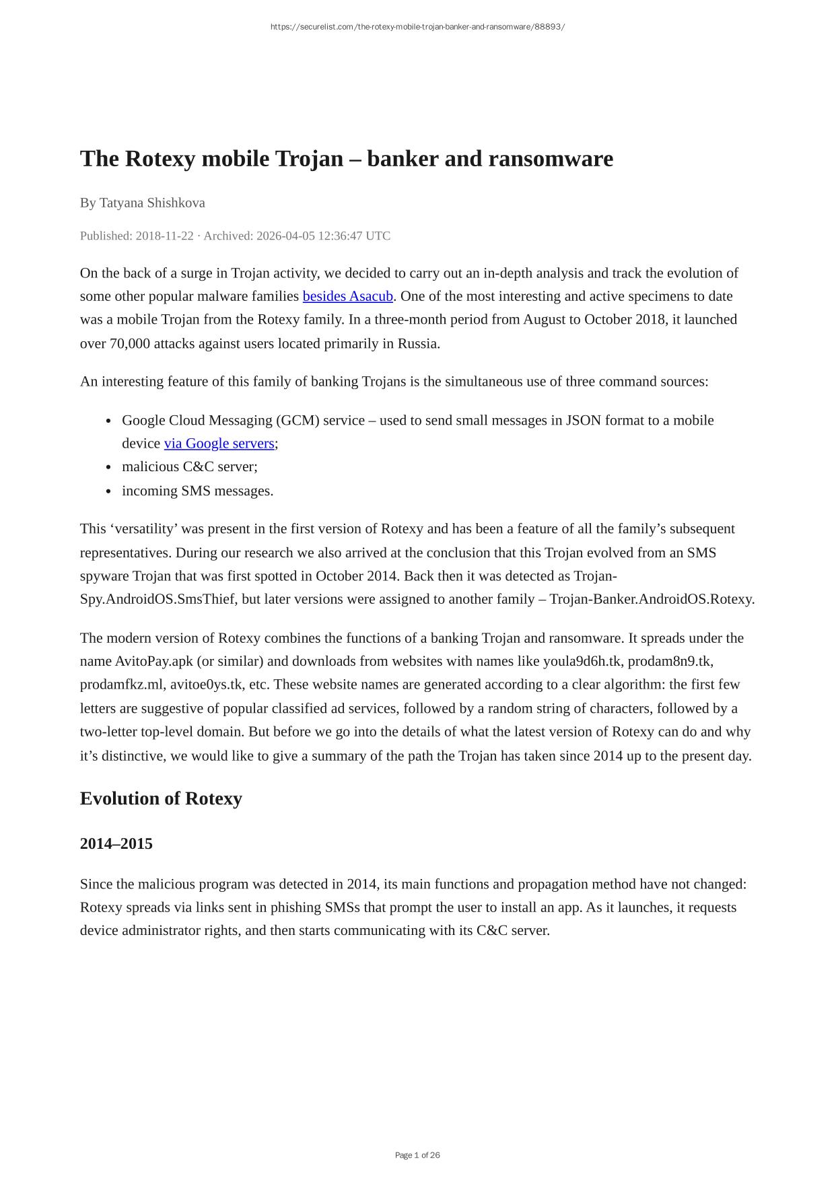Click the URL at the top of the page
(417, 27)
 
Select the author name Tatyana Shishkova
(152, 203)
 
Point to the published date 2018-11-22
(164, 236)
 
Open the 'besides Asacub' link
(347, 296)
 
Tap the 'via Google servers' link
(219, 444)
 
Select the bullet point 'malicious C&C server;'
(189, 466)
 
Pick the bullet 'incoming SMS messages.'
(197, 491)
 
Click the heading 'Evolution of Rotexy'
(161, 798)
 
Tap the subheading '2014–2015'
(116, 843)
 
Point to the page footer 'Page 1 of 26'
(417, 1155)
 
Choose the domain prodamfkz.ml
(122, 685)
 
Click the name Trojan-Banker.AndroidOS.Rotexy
(652, 599)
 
